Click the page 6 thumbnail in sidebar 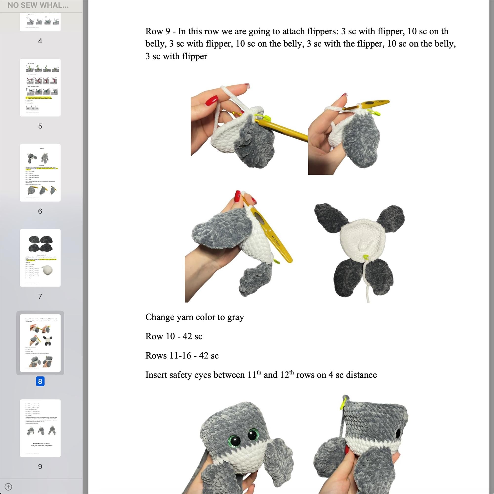[40, 173]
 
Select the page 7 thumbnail [40, 258]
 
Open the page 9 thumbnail [40, 428]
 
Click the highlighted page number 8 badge [40, 381]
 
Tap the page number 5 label [40, 126]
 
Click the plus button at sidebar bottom [8, 487]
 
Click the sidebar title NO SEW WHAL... [38, 5]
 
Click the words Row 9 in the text [158, 31]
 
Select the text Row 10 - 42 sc [174, 336]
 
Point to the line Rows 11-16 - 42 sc [182, 355]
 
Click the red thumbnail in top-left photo [212, 100]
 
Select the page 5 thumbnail [40, 88]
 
